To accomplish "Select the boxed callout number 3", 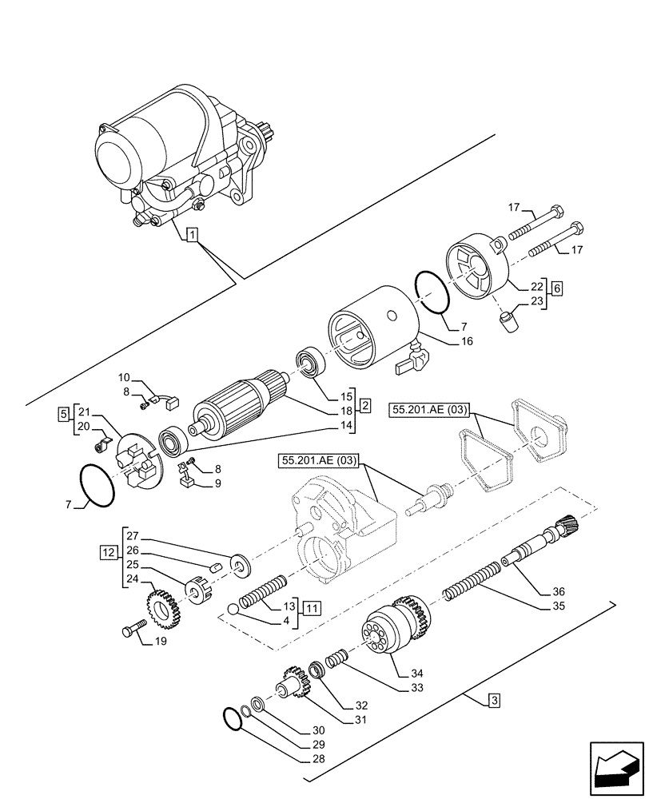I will [495, 702].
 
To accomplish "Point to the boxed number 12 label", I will [108, 552].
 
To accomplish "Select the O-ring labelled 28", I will [232, 718].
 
